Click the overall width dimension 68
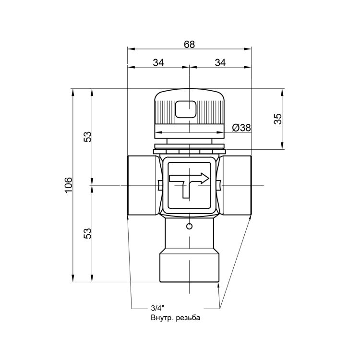coord(190,44)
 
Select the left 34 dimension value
coord(158,62)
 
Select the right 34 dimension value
coord(220,62)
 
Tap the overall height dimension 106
coord(69,185)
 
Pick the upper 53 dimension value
coord(87,137)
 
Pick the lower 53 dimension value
coord(87,234)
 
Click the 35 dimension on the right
coord(278,119)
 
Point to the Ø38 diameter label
coord(241,128)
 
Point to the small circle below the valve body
coord(189,226)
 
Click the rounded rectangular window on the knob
coord(186,109)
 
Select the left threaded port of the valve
coord(141,186)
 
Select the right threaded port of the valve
coord(236,186)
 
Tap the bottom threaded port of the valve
coord(189,266)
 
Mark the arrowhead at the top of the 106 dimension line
coord(72,92)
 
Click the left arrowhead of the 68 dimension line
coord(130,48)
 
